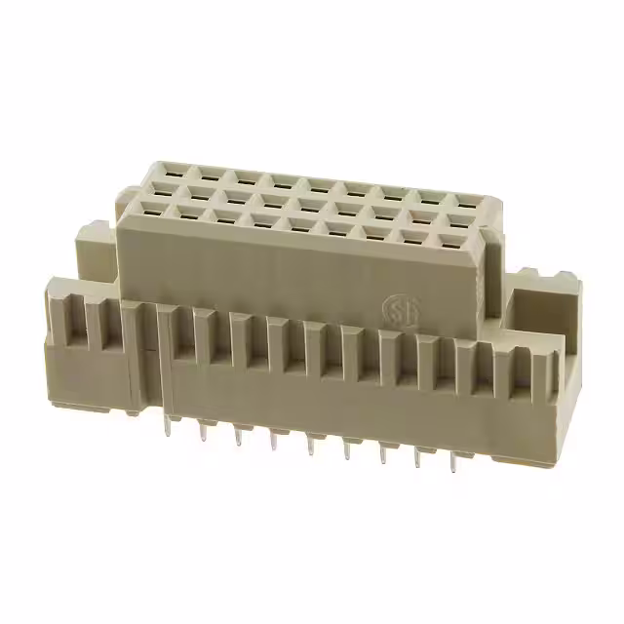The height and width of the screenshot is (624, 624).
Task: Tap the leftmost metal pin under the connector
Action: pos(168,426)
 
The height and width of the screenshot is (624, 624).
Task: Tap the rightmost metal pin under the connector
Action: pos(453,461)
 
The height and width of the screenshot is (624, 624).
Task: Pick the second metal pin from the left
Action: pos(203,431)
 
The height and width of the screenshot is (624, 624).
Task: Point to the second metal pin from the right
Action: pos(419,455)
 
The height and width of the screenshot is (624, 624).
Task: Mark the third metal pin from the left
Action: pos(238,436)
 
